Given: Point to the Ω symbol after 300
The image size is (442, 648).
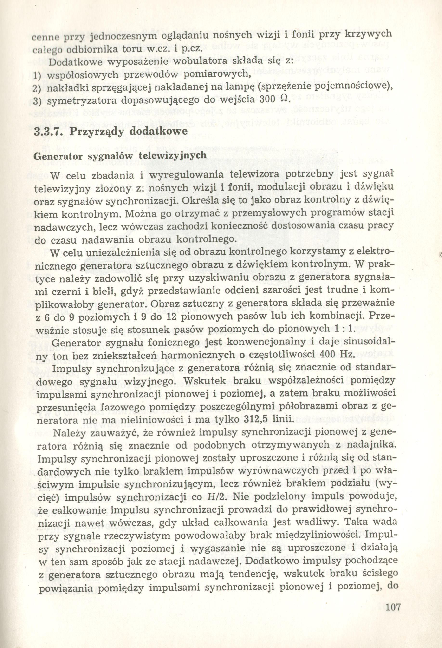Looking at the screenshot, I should click(x=284, y=99).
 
